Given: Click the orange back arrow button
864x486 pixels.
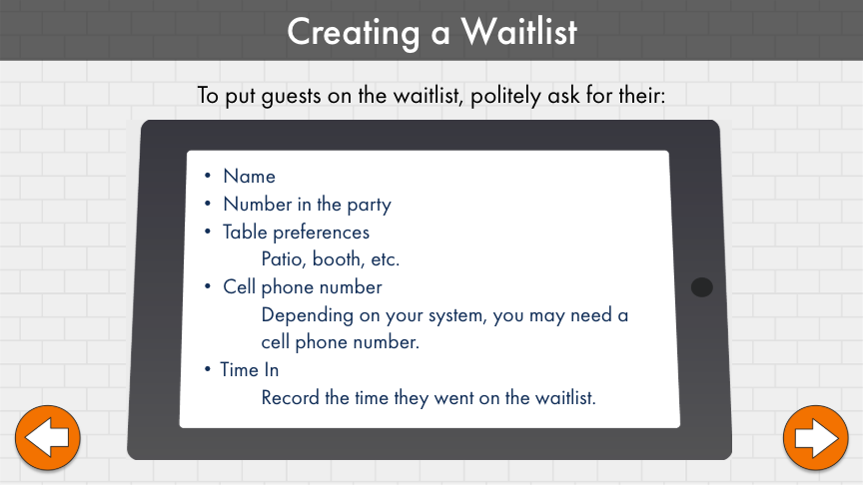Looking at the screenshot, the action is click(47, 438).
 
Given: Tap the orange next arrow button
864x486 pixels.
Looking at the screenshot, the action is click(815, 438).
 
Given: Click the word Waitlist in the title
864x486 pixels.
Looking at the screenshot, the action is click(519, 31).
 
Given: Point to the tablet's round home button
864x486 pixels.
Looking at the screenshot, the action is click(701, 286).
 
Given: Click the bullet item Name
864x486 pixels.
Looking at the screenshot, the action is click(249, 176).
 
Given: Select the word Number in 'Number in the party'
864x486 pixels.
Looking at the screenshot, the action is click(258, 205).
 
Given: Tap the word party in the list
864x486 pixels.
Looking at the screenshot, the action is click(370, 206).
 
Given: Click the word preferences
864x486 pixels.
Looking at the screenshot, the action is click(322, 233).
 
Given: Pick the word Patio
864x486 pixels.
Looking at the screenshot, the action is click(284, 259).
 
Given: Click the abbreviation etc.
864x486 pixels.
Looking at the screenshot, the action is click(386, 259).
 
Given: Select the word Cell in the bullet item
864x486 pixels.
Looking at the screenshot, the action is click(239, 286).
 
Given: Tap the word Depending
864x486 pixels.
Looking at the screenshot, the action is click(308, 316).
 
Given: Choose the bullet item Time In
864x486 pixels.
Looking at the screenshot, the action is click(250, 370).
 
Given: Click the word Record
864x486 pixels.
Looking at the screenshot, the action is click(290, 397).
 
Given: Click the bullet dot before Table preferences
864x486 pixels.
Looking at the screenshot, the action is click(208, 232).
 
